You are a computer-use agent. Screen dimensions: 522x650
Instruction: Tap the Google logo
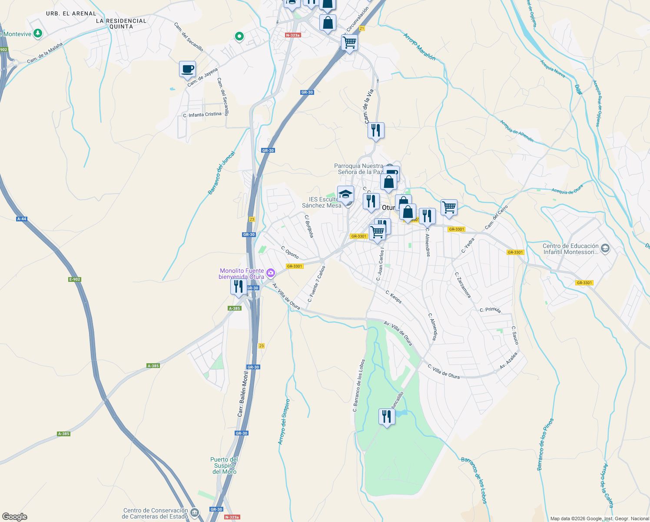(x=15, y=517)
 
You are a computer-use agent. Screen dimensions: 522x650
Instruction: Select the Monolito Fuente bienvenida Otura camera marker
(x=271, y=273)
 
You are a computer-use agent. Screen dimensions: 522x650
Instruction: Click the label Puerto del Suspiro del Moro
(x=224, y=465)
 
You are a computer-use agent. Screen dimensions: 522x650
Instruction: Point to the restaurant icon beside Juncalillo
(x=386, y=417)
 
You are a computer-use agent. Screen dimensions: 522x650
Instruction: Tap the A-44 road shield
(x=22, y=219)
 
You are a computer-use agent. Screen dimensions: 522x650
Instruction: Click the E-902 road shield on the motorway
(x=75, y=279)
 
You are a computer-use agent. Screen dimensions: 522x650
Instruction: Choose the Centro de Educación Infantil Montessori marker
(x=605, y=249)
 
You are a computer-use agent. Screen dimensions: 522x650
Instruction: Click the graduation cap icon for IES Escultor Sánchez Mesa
(x=345, y=194)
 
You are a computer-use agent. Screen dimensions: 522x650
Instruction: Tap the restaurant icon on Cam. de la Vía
(x=376, y=130)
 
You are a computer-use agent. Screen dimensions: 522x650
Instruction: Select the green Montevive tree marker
(x=38, y=33)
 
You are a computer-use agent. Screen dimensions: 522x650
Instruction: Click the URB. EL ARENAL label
(x=71, y=13)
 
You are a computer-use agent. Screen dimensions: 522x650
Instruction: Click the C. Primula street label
(x=490, y=310)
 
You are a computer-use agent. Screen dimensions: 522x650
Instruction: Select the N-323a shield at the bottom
(x=232, y=517)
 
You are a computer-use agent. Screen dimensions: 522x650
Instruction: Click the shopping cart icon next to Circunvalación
(x=349, y=43)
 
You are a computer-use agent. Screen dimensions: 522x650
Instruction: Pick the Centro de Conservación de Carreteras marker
(x=194, y=512)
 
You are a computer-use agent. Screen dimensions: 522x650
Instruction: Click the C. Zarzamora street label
(x=462, y=285)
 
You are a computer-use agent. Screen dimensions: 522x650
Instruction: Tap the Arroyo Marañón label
(x=419, y=47)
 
